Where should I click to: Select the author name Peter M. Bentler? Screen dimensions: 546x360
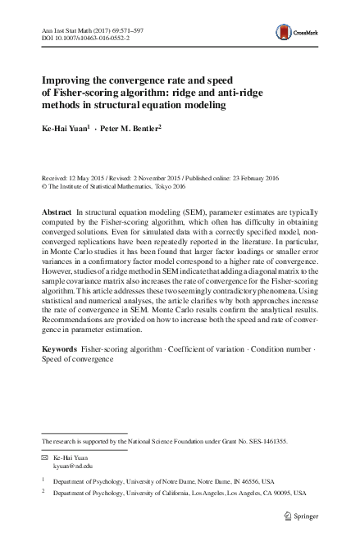133,129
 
